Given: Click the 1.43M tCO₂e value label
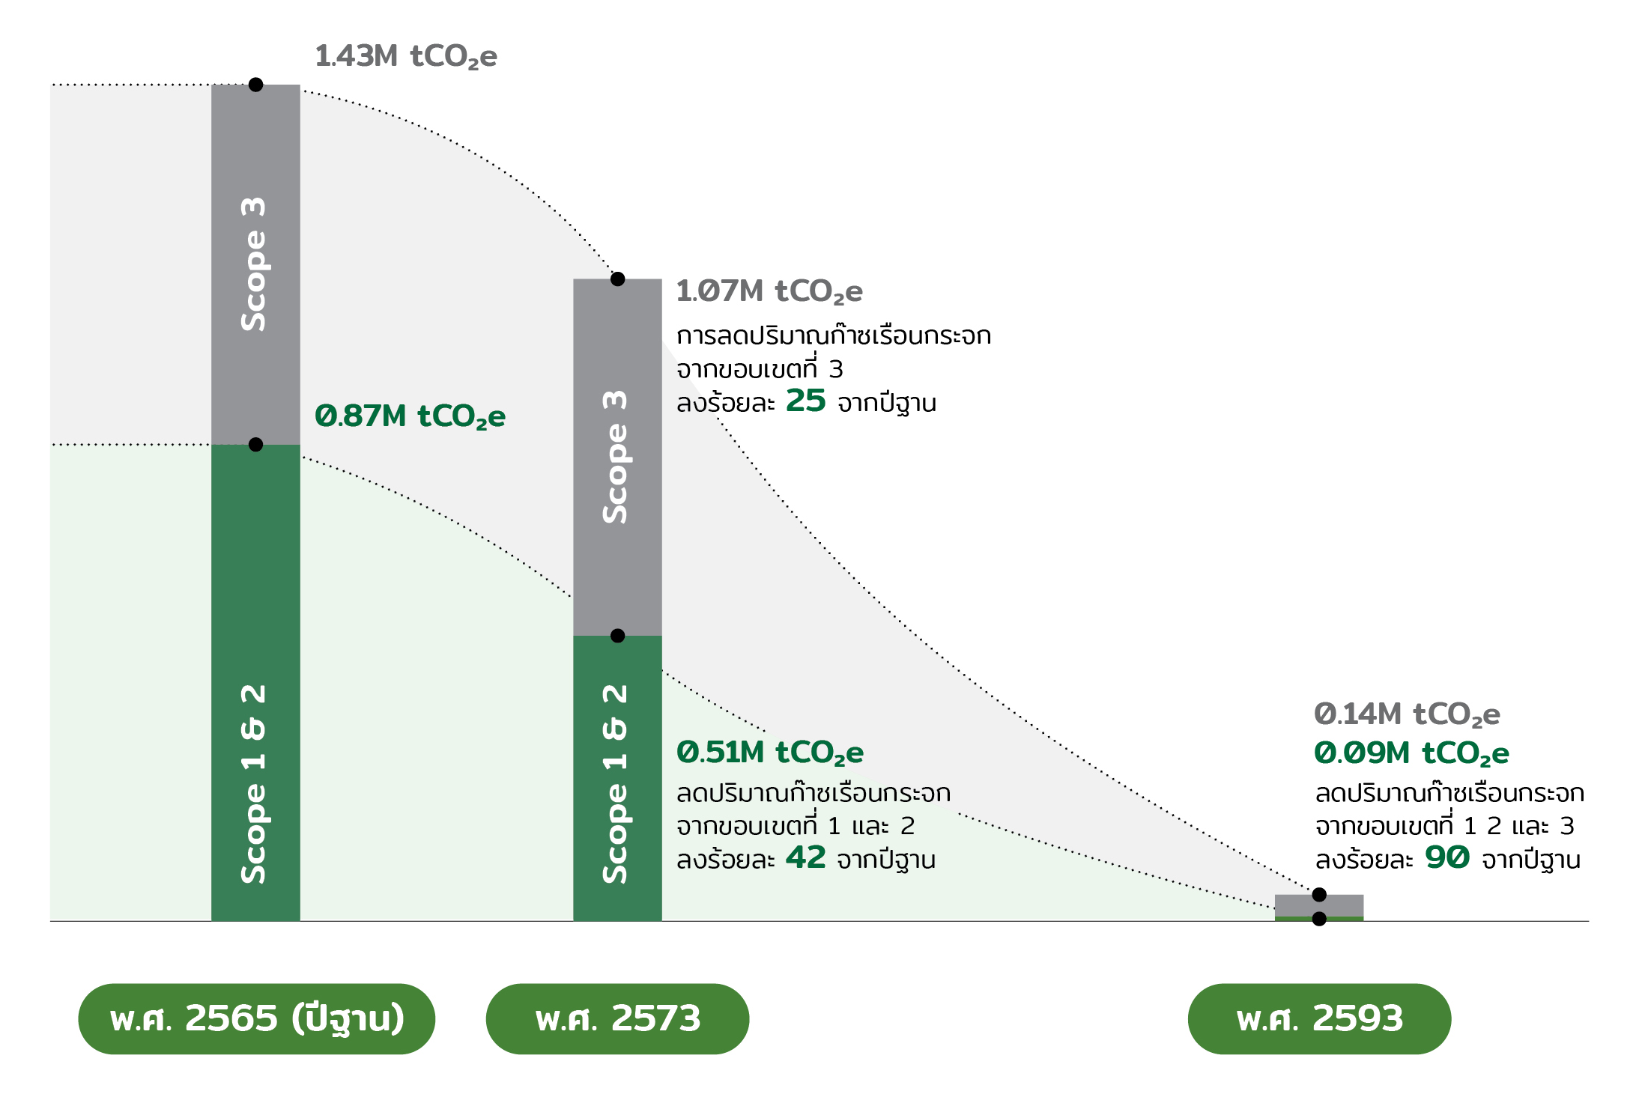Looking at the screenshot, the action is point(406,57).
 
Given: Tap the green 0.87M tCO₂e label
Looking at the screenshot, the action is point(410,417).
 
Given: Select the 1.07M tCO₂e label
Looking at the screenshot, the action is point(769,292).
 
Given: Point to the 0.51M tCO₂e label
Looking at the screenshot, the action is point(770,753).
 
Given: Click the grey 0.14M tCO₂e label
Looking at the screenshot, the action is point(1407,715).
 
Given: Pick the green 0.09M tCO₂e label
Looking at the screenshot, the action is point(1411,754).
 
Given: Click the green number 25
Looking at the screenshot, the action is point(805,401).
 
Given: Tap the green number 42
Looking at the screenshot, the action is point(805,857).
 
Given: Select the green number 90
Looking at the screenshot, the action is point(1447,857).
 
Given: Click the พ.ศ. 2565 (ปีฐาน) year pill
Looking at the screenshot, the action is point(256,1019).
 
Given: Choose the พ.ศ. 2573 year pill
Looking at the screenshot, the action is point(617,1019).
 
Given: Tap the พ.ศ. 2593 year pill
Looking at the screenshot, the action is point(1319,1019).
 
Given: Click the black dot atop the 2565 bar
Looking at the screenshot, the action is point(255,85).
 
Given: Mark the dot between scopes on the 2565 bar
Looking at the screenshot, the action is point(255,445).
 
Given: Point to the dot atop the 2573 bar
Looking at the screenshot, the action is point(617,279).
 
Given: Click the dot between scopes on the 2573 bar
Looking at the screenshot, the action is point(617,636).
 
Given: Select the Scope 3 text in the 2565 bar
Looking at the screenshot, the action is point(254,264).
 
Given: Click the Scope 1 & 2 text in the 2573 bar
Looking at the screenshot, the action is point(616,784).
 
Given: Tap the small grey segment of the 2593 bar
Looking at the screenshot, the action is point(1319,905).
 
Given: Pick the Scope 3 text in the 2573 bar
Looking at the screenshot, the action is point(616,457).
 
